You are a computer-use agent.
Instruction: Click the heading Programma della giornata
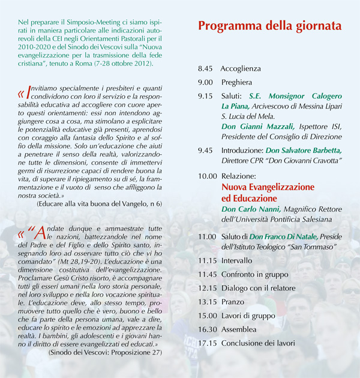pos(269,26)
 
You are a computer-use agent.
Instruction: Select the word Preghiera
pos(236,82)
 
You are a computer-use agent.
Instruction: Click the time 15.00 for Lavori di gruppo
pos(208,316)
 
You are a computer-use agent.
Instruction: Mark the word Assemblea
pos(239,329)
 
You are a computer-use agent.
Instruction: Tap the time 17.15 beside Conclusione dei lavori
pos(208,343)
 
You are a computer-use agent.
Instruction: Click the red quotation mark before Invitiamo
pos(22,94)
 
